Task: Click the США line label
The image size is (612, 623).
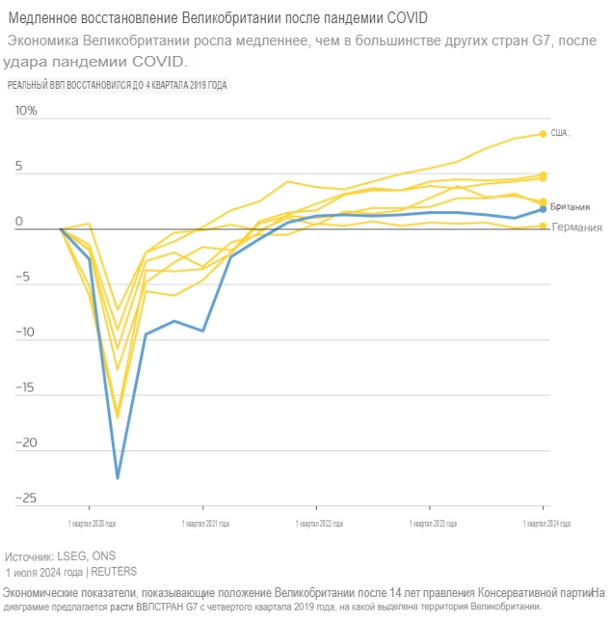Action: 560,133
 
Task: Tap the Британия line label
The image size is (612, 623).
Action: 570,207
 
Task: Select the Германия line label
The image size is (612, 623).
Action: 578,228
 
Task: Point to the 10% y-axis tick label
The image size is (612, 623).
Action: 25,110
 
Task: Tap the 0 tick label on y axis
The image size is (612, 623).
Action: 18,221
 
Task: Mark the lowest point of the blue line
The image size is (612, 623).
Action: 118,477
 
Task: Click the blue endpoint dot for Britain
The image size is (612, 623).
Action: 544,208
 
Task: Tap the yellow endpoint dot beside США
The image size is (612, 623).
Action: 544,134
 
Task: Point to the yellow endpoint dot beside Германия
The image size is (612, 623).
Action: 544,226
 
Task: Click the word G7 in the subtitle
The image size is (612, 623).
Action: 528,41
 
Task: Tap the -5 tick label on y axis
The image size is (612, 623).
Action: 25,277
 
